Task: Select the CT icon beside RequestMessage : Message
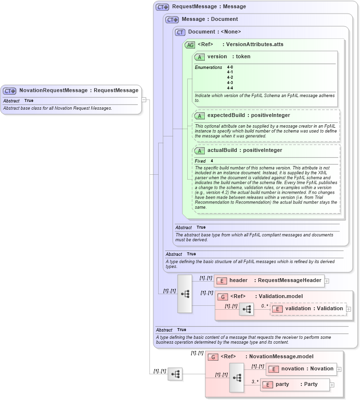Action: pos(162,7)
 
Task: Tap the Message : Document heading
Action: pos(210,19)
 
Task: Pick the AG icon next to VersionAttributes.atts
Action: pos(190,45)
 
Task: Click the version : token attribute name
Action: pos(229,57)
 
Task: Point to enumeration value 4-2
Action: pos(230,77)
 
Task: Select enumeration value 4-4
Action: pos(230,88)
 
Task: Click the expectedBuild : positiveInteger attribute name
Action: pos(248,116)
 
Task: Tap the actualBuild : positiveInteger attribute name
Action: pos(245,150)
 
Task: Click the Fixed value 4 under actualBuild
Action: pos(212,161)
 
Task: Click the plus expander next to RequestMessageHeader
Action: pos(327,281)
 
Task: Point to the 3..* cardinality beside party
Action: pos(255,382)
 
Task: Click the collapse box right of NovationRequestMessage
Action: pos(144,100)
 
